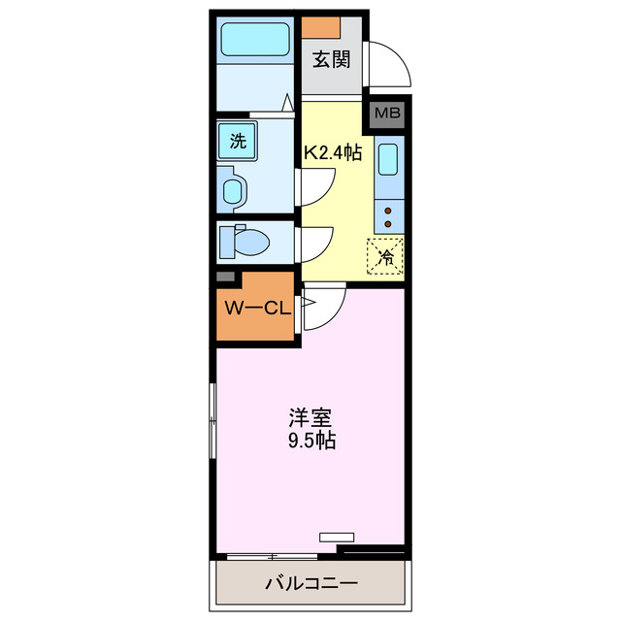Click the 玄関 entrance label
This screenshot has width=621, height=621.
point(331,60)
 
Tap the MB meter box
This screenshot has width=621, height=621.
point(386,114)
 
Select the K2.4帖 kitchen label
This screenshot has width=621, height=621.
point(334,152)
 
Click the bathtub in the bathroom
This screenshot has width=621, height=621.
point(255,41)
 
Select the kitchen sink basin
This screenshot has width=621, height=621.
point(387,160)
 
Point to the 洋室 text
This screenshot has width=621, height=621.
point(311,419)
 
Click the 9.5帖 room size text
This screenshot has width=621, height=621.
point(311,442)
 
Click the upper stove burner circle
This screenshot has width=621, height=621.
point(387,208)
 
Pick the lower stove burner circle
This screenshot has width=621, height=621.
point(387,224)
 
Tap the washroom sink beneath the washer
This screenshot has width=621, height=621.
point(234,188)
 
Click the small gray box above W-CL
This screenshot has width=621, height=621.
point(225,278)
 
